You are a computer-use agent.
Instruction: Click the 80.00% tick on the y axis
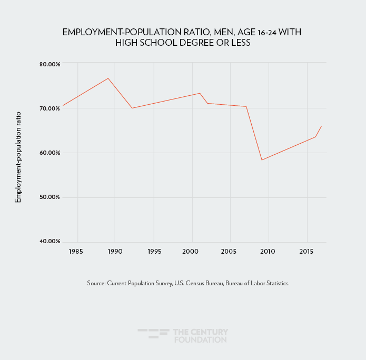pyautogui.click(x=50, y=64)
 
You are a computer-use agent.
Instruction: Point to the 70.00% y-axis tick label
pyautogui.click(x=50, y=108)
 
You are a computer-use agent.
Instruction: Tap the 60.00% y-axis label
pyautogui.click(x=50, y=153)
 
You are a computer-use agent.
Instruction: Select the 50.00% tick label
pyautogui.click(x=50, y=197)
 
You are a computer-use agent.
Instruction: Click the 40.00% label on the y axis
pyautogui.click(x=50, y=241)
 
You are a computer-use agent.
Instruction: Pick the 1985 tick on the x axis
pyautogui.click(x=76, y=252)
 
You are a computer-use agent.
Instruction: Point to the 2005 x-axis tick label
pyautogui.click(x=229, y=252)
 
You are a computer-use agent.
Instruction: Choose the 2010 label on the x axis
pyautogui.click(x=268, y=252)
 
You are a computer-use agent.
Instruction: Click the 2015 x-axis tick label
pyautogui.click(x=305, y=252)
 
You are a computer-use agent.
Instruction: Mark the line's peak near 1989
pyautogui.click(x=108, y=78)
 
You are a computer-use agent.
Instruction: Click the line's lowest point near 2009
pyautogui.click(x=262, y=160)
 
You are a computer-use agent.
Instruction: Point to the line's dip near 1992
pyautogui.click(x=132, y=108)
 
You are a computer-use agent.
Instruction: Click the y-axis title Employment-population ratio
pyautogui.click(x=18, y=157)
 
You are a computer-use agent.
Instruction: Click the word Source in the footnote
pyautogui.click(x=96, y=283)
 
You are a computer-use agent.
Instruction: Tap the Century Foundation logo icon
pyautogui.click(x=153, y=334)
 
